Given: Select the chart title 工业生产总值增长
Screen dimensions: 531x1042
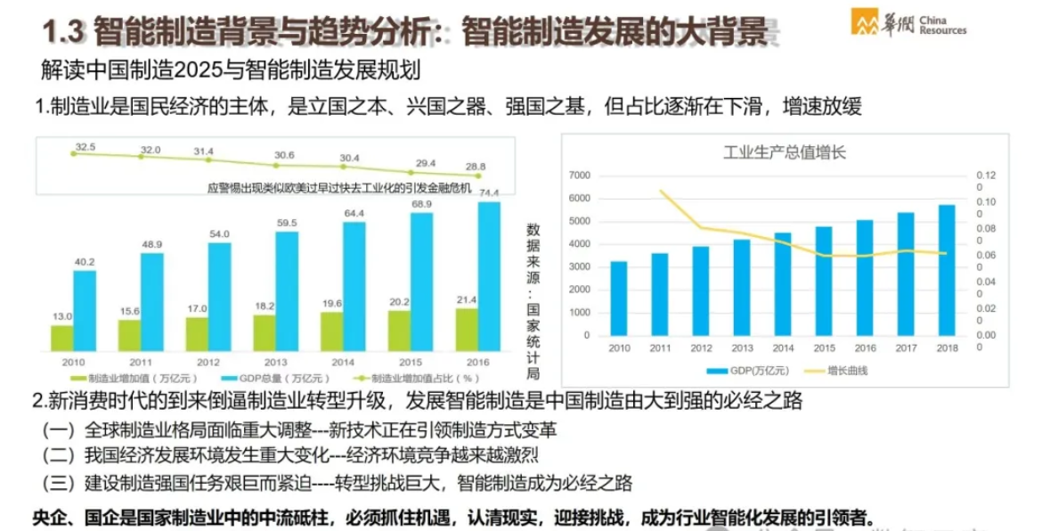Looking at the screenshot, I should tap(784, 152).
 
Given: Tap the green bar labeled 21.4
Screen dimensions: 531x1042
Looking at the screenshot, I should tap(468, 329).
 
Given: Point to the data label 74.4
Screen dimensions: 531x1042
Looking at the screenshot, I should tap(489, 192).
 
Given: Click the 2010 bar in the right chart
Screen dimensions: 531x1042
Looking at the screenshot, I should tap(618, 298).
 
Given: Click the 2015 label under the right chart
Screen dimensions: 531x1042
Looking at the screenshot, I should tap(825, 349).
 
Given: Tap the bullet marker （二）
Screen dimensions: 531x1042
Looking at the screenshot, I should tap(59, 456).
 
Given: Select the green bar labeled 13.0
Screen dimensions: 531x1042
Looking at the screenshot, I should tap(61, 338).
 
